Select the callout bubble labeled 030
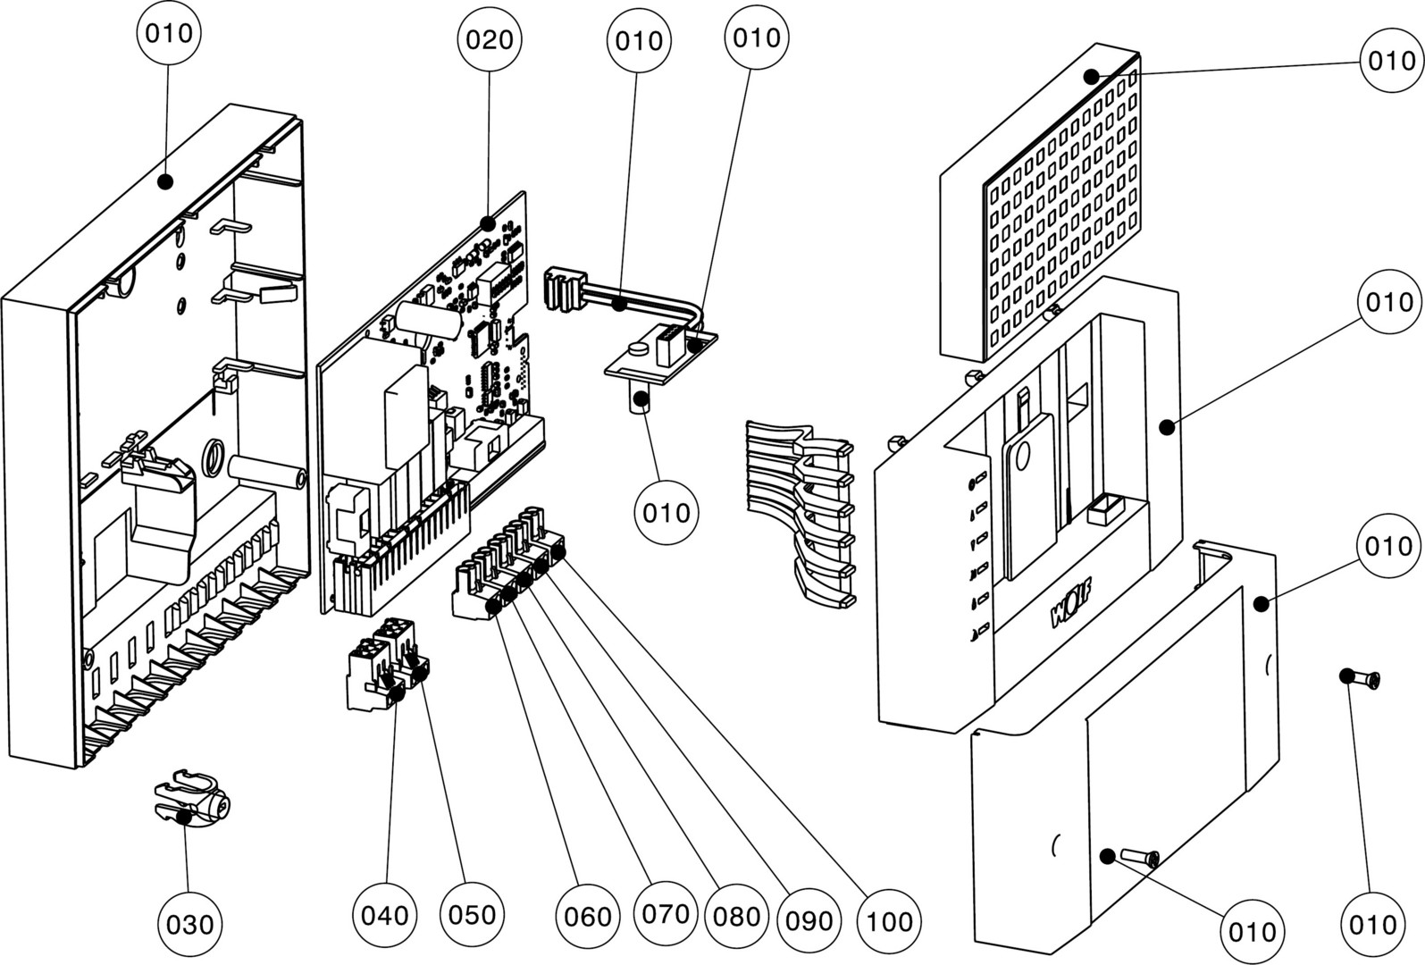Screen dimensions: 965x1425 190,922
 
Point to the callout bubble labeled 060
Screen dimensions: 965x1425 587,916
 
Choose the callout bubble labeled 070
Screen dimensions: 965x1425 666,913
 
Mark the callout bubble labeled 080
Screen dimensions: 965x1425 735,916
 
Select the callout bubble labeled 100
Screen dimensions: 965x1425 890,920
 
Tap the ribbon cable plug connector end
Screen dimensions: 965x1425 563,290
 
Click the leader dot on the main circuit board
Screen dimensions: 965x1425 488,222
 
